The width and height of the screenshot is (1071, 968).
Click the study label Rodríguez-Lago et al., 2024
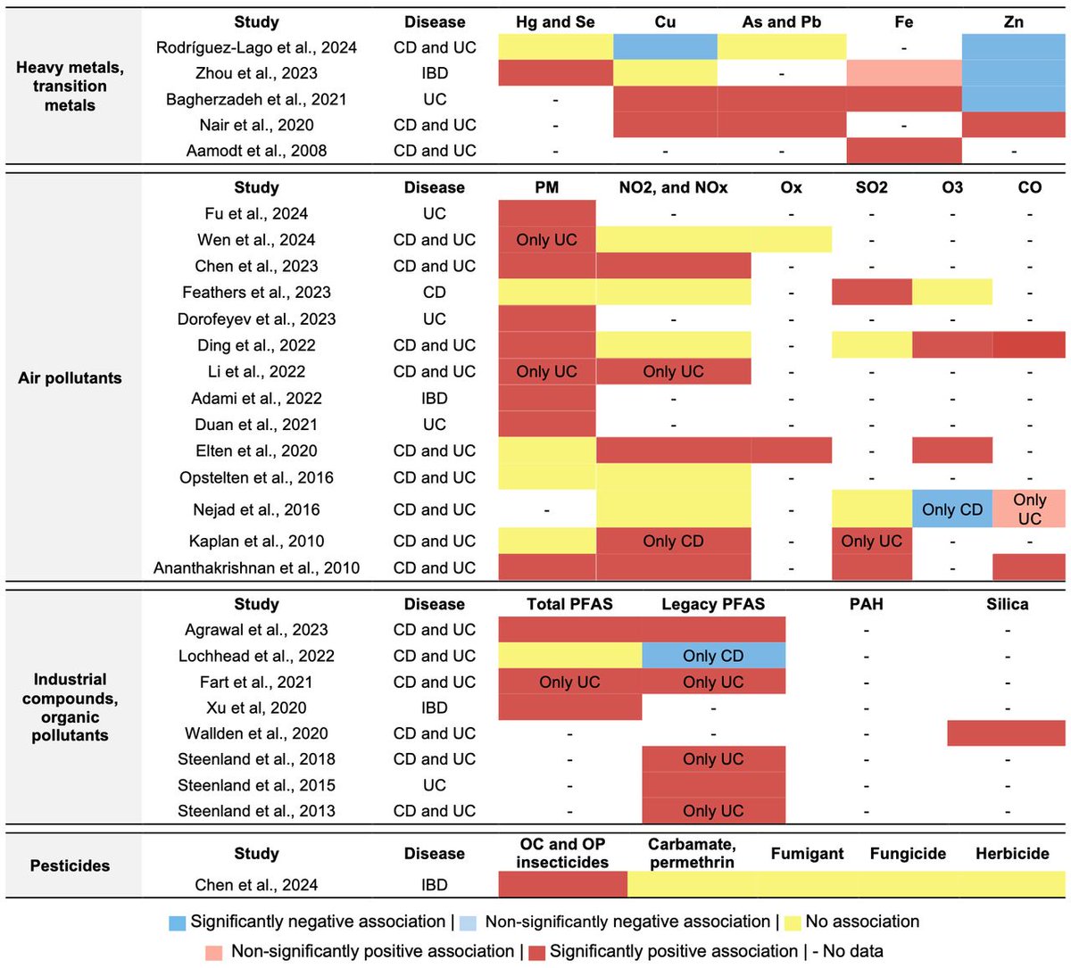click(256, 47)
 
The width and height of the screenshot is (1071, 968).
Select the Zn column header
click(1013, 21)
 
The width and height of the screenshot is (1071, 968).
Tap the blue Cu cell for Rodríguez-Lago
click(665, 47)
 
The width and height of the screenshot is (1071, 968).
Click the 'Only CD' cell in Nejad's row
click(951, 509)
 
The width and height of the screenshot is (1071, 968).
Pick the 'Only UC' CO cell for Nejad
click(1029, 509)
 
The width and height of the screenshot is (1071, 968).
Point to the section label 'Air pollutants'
click(70, 377)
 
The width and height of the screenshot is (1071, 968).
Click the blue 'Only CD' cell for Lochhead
click(713, 656)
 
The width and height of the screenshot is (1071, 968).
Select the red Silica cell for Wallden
click(1006, 733)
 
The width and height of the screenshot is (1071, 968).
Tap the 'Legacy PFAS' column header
click(713, 604)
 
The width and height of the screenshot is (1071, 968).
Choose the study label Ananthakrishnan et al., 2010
click(256, 567)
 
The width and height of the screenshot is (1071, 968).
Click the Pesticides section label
click(70, 865)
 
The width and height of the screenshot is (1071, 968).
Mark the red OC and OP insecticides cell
click(562, 884)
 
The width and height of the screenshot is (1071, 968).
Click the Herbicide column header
click(1012, 854)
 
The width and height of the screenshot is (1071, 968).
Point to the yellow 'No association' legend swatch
click(792, 922)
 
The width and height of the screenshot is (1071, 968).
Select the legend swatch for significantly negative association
click(177, 922)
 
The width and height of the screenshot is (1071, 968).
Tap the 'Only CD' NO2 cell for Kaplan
click(673, 541)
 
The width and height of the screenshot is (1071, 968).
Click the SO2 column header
click(871, 187)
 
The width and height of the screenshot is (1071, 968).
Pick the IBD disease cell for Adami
click(435, 398)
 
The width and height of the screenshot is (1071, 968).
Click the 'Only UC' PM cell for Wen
click(546, 240)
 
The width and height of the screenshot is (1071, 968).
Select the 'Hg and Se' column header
click(555, 21)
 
